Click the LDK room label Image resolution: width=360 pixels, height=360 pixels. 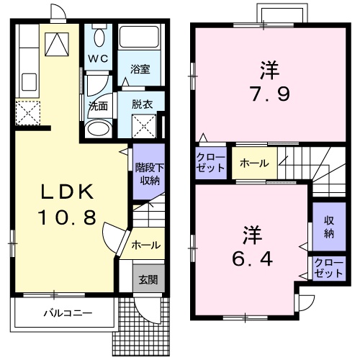click(67, 192)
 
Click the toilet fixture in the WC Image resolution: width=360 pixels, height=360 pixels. click(99, 36)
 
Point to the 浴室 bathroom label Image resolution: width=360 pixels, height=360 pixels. click(140, 70)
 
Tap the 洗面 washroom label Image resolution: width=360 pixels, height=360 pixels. click(98, 105)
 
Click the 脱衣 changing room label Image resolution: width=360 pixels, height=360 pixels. click(141, 104)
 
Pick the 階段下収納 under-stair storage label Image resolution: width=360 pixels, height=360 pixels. click(146, 174)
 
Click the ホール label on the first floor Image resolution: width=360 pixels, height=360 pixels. click(145, 246)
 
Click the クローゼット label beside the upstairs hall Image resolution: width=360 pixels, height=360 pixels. click(210, 163)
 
